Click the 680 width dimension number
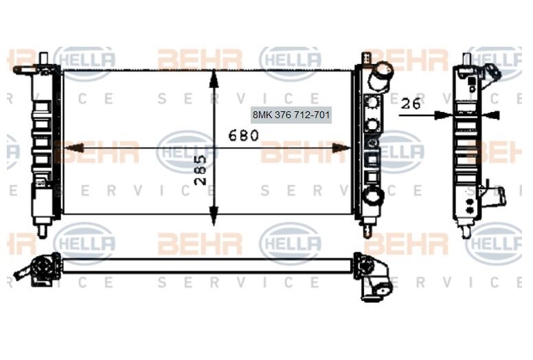pos(244,135)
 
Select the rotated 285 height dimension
pos(200,171)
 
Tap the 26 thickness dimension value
pos(411,104)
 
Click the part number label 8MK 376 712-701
pos(292,115)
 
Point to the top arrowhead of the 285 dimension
pos(214,77)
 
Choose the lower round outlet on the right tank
pos(374,196)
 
